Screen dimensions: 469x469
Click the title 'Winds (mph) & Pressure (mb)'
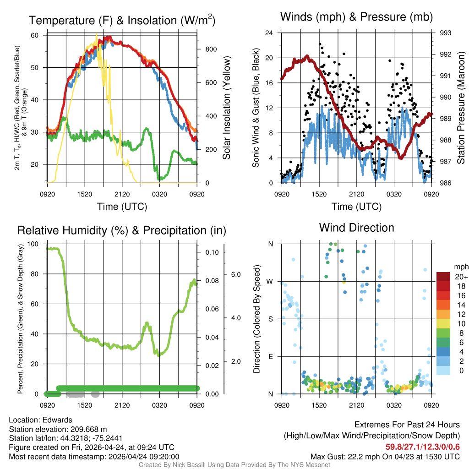pyautogui.click(x=356, y=17)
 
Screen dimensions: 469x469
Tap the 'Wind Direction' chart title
pyautogui.click(x=356, y=228)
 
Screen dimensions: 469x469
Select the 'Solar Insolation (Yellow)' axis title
pyautogui.click(x=227, y=108)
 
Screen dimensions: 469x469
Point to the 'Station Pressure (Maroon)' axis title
pyautogui.click(x=461, y=108)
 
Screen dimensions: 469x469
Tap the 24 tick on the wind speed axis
pyautogui.click(x=269, y=33)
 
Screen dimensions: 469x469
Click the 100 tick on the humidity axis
pyautogui.click(x=33, y=244)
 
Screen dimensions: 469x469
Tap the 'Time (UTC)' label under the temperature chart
pyautogui.click(x=122, y=207)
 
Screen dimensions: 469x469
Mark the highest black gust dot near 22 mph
pyautogui.click(x=320, y=44)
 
